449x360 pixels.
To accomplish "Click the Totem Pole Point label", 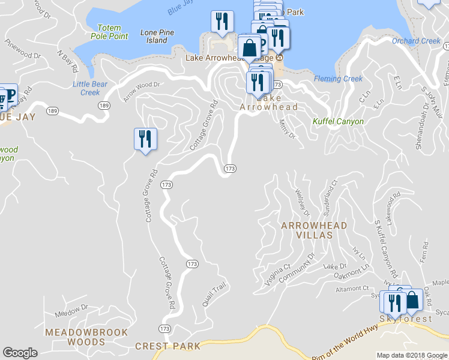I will click(109, 32).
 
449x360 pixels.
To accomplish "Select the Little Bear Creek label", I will click(90, 88).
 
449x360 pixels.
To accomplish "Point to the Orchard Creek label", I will click(416, 41).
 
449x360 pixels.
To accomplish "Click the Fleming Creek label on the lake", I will click(338, 79).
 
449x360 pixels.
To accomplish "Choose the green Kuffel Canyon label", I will click(338, 121).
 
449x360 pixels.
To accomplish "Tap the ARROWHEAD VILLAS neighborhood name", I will click(306, 230).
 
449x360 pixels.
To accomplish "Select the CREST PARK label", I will click(167, 346).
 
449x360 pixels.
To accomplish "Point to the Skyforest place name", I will click(405, 319).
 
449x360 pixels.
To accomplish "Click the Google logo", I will click(20, 353).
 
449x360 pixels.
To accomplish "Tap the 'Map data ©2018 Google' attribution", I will click(411, 355).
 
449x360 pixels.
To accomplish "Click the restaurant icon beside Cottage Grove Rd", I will click(145, 139).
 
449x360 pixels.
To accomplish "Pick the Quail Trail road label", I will click(214, 295).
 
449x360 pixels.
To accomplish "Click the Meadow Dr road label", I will click(71, 311).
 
